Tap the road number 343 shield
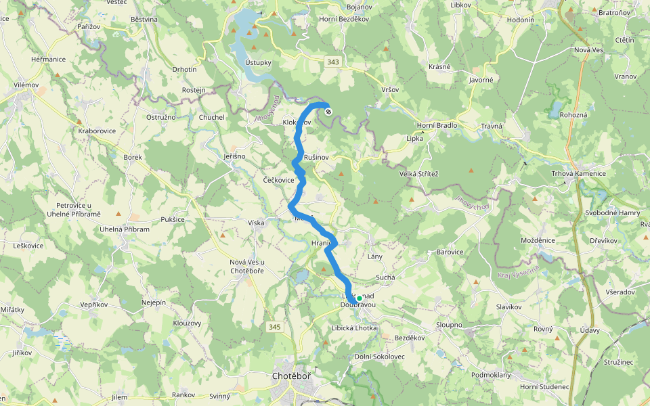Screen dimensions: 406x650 (332, 62)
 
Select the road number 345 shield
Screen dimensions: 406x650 (274, 327)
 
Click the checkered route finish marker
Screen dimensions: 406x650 (328, 112)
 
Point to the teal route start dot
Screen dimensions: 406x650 (359, 298)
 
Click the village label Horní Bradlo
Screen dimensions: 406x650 (437, 125)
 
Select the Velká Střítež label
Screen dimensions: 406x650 (418, 174)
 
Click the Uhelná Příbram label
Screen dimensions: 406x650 (124, 229)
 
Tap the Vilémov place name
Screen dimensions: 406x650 (26, 85)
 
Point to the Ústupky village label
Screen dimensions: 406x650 (258, 62)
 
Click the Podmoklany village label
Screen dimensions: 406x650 (491, 375)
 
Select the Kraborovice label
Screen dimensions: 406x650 (97, 130)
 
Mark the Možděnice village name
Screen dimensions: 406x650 (538, 240)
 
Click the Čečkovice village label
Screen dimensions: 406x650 (278, 180)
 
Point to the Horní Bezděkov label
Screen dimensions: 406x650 (343, 19)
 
